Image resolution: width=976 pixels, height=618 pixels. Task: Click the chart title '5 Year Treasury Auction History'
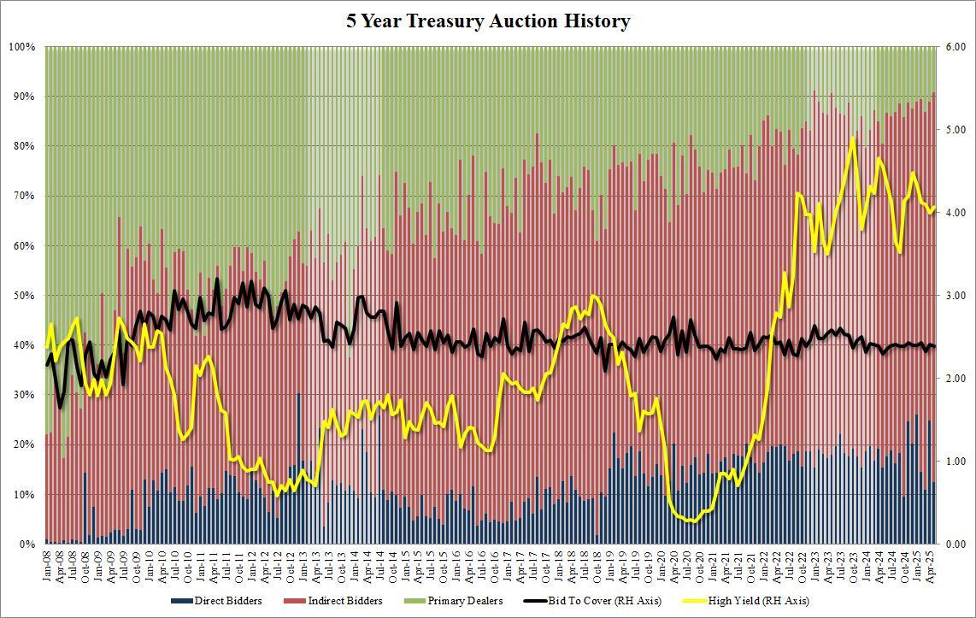pyautogui.click(x=488, y=21)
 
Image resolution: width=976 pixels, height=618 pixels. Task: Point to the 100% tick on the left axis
pyautogui.click(x=21, y=47)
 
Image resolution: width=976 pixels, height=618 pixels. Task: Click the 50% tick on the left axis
pyautogui.click(x=24, y=296)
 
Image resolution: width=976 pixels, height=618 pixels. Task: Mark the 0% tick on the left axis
pyautogui.click(x=27, y=544)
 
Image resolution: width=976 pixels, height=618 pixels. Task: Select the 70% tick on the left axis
pyautogui.click(x=24, y=196)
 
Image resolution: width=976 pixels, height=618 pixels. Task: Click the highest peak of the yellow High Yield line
pyautogui.click(x=852, y=138)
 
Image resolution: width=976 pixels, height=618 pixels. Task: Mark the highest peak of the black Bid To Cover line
pyautogui.click(x=217, y=280)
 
